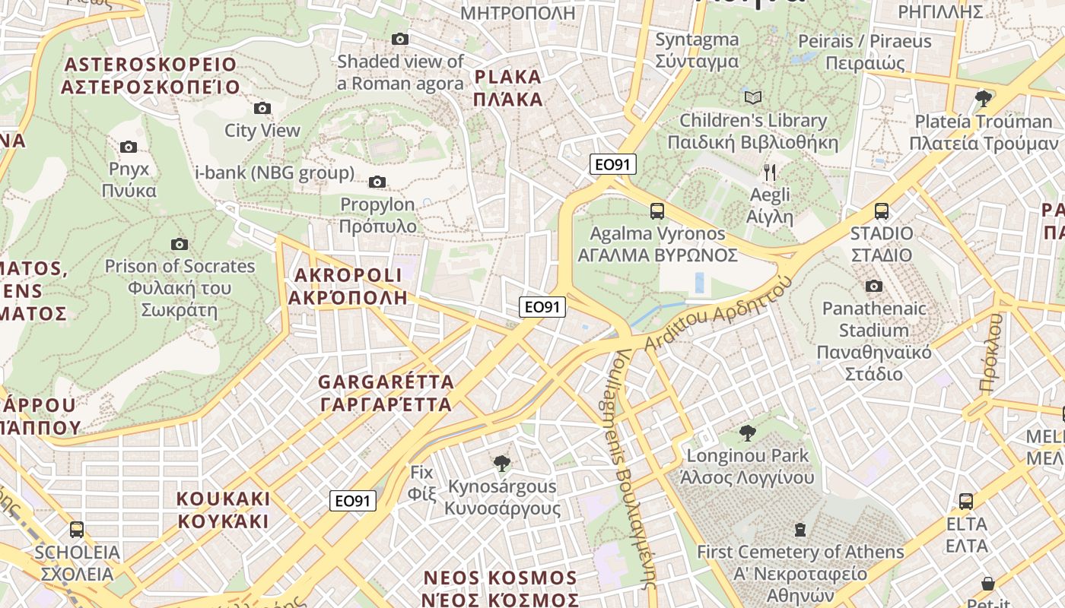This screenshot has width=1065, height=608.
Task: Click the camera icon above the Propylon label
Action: (x=377, y=182)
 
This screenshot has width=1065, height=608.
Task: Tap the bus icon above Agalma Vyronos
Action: (x=657, y=211)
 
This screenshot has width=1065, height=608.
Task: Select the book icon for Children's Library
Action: (x=752, y=97)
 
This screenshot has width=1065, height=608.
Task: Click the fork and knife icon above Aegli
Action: (x=770, y=172)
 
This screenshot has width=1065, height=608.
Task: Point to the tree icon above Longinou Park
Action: (x=748, y=433)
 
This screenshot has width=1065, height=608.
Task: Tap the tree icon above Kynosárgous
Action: (x=501, y=463)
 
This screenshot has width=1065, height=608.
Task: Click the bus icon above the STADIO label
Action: (x=882, y=211)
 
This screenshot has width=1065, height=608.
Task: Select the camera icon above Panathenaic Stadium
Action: (x=874, y=286)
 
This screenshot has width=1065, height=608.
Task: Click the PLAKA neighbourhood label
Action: (x=507, y=87)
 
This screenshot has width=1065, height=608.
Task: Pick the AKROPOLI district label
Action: (x=347, y=286)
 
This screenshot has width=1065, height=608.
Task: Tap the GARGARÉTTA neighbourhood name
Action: (x=386, y=392)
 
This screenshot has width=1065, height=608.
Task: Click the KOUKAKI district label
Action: (x=223, y=510)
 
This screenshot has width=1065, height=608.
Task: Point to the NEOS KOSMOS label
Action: (x=501, y=588)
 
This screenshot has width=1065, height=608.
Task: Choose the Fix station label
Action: (x=421, y=483)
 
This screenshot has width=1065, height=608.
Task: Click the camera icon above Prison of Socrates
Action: (x=180, y=244)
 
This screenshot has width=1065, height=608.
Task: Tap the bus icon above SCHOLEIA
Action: (x=77, y=530)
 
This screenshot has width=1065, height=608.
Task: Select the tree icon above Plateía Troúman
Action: (x=984, y=98)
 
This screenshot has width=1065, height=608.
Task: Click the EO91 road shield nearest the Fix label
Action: (x=354, y=501)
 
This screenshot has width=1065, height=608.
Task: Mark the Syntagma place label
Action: (x=697, y=50)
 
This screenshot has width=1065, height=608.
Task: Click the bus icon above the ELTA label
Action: (x=966, y=502)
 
